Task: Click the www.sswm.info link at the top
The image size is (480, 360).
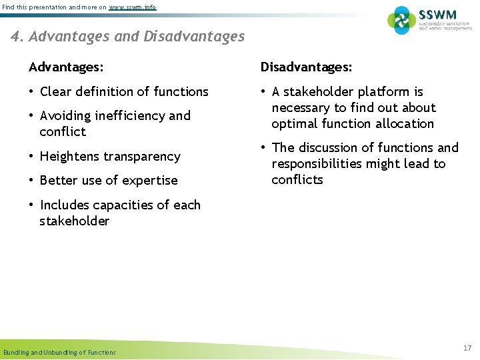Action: (x=133, y=7)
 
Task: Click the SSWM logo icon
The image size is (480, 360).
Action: (x=401, y=21)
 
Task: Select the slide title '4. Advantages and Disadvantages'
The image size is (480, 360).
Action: (x=128, y=37)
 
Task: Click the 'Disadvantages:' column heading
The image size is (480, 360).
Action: (x=306, y=67)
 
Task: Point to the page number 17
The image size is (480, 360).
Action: (x=467, y=348)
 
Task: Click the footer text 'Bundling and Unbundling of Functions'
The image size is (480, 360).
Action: (x=59, y=352)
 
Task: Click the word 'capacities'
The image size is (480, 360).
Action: (x=123, y=205)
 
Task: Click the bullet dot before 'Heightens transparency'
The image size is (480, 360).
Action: (x=31, y=157)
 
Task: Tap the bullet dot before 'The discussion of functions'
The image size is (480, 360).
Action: (x=264, y=148)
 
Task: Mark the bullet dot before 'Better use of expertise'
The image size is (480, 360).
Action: (x=31, y=181)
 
